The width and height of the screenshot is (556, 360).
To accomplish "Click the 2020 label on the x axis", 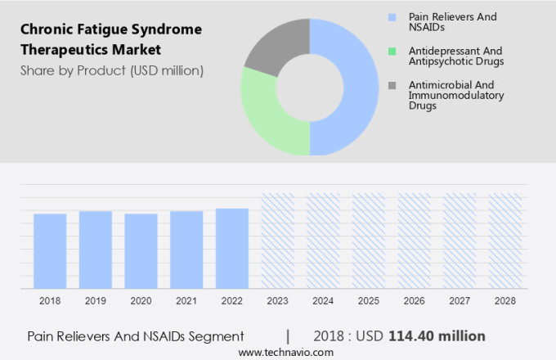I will point(141,301).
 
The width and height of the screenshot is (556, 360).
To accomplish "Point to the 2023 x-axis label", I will point(277,301).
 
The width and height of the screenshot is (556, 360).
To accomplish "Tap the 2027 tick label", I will point(460,301).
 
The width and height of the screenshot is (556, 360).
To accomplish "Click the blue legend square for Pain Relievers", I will point(393,16).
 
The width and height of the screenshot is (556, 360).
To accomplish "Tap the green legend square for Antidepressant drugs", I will point(393,51).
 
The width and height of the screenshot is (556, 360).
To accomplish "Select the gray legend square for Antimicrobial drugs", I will point(393,85).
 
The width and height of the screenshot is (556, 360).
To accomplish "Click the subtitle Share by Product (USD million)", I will point(111,70).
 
